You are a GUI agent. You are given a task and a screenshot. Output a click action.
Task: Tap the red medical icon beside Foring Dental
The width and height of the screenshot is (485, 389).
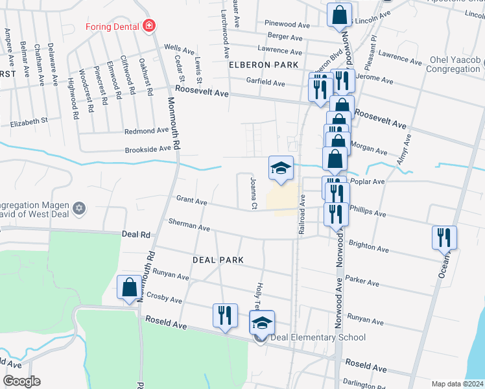(150, 27)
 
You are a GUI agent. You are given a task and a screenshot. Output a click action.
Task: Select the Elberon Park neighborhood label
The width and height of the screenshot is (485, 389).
(263, 65)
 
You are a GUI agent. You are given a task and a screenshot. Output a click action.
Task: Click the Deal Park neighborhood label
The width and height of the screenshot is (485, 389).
(218, 259)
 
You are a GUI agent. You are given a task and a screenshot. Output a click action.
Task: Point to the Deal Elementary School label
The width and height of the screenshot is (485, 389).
(318, 337)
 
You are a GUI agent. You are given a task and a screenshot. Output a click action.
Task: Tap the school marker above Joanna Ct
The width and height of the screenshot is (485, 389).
(281, 169)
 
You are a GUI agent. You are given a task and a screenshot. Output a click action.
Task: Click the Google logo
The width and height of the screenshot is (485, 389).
(21, 381)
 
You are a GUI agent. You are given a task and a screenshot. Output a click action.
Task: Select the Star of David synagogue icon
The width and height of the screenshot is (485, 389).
(80, 207)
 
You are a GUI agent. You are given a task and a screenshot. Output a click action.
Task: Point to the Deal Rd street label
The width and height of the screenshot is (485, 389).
(136, 234)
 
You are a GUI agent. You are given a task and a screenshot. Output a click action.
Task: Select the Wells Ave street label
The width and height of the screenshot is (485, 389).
(179, 49)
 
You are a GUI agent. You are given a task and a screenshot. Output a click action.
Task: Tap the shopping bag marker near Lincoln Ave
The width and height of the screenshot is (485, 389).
(338, 15)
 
